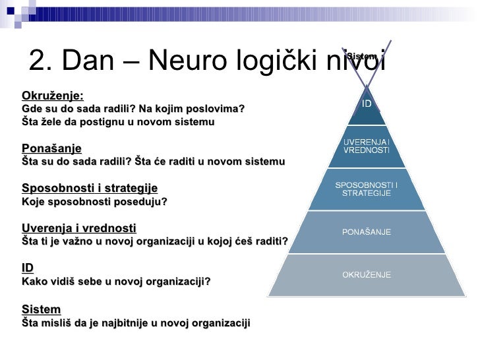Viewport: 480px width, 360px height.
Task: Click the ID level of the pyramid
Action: (x=367, y=104)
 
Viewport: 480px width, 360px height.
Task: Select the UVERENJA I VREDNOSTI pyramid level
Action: (x=367, y=146)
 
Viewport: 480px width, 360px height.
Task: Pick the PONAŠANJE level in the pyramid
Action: (x=367, y=232)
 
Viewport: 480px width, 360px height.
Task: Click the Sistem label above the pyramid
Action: (x=361, y=56)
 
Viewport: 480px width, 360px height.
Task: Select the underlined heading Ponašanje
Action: (x=52, y=148)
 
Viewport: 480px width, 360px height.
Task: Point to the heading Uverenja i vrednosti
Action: (x=79, y=228)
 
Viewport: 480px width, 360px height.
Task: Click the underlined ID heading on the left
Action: (x=28, y=268)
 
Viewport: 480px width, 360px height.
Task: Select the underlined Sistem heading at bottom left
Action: (x=41, y=309)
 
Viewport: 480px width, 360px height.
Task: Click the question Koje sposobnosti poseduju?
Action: (x=95, y=202)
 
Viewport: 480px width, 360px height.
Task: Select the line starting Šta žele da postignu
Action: (x=118, y=122)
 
